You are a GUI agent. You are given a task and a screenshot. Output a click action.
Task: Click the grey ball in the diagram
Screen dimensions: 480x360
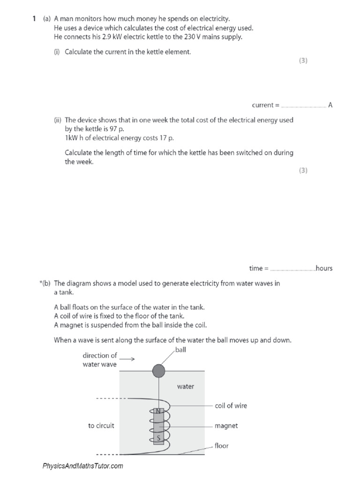point(159,371)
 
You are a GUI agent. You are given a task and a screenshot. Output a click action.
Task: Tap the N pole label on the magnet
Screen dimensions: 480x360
point(157,411)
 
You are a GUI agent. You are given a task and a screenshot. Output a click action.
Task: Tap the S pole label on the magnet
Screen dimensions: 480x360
point(158,438)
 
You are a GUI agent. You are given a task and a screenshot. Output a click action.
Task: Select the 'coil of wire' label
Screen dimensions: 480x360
point(231,405)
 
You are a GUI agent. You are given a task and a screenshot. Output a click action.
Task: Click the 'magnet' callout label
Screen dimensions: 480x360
point(226,426)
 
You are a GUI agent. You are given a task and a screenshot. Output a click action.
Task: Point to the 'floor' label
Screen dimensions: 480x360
point(221,445)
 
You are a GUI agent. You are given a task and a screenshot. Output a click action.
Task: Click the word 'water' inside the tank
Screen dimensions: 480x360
point(185,387)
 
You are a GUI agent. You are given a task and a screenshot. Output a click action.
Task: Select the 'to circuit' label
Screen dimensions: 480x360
point(101,426)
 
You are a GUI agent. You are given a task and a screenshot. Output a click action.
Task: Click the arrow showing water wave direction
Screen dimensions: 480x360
point(130,359)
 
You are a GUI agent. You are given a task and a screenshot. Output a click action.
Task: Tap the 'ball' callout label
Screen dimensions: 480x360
point(180,350)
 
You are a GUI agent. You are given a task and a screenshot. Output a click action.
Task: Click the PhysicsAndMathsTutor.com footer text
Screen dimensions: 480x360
point(83,466)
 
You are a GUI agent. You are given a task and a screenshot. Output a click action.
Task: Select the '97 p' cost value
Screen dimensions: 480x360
point(117,129)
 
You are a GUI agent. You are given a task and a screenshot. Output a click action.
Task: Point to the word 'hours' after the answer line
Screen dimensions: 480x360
point(324,269)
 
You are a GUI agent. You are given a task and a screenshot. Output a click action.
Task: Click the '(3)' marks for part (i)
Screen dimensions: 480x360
point(303,60)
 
